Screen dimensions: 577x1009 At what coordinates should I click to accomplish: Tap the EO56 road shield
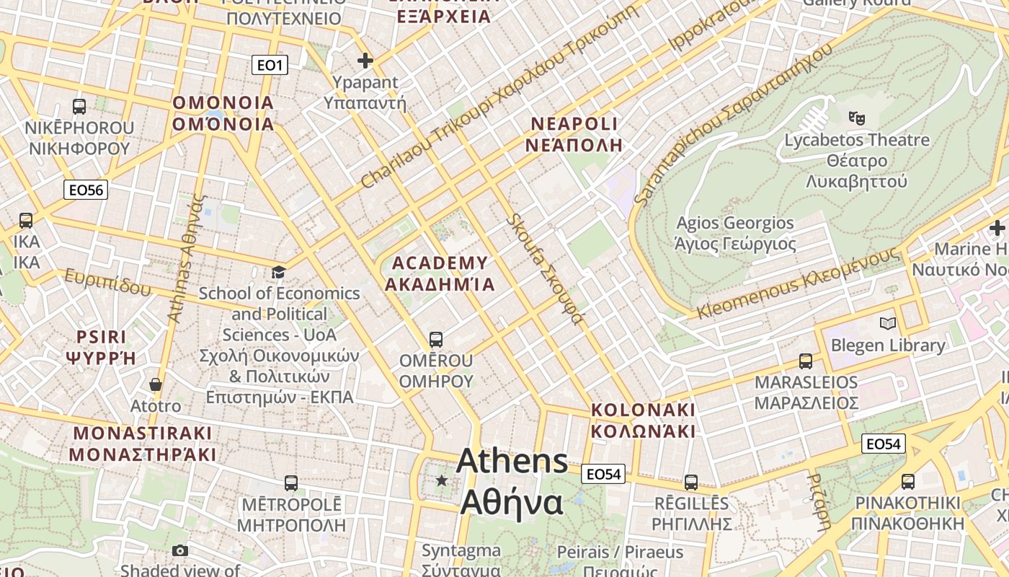[86, 190]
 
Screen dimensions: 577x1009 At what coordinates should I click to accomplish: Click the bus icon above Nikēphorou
[79, 107]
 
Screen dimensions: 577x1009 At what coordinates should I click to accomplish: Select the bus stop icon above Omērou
[435, 339]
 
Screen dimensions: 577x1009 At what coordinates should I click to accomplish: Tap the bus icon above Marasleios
[806, 361]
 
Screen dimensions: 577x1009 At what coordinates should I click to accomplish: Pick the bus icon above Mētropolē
[291, 483]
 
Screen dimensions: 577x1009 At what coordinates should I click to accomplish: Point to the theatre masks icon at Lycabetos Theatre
[856, 118]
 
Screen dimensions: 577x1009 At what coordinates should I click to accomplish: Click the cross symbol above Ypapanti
[365, 61]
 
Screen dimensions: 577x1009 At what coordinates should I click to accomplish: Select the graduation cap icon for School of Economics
[278, 272]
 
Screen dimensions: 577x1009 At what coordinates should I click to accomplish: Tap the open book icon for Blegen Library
[888, 324]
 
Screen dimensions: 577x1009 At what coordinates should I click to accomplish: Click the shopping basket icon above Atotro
[156, 384]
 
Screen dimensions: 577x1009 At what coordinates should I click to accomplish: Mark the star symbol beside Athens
[442, 480]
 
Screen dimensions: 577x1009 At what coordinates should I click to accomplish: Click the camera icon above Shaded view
[180, 551]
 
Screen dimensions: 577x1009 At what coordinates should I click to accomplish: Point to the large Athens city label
[512, 481]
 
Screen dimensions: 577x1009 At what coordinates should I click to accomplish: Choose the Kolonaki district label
[643, 420]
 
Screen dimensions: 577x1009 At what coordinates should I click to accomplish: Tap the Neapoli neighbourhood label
[574, 134]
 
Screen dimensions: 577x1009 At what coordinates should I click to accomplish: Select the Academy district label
[440, 273]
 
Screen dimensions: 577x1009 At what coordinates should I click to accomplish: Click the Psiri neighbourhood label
[101, 347]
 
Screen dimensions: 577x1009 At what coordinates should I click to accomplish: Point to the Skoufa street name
[546, 270]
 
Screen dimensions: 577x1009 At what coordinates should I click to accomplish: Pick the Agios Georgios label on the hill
[735, 233]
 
